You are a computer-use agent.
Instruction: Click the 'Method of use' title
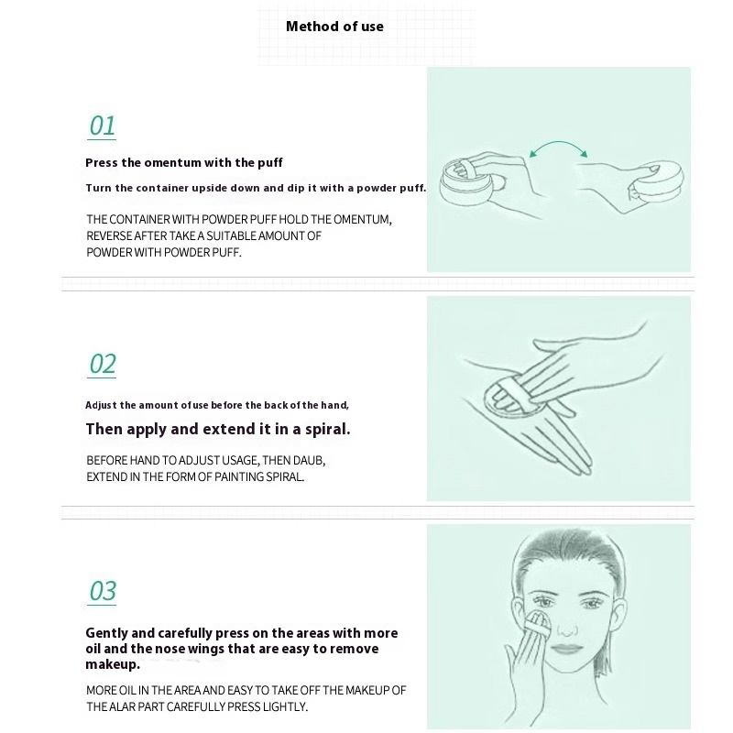click(x=334, y=27)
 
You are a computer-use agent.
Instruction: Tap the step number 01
click(x=103, y=126)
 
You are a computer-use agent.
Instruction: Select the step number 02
click(x=103, y=364)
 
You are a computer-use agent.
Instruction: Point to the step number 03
click(x=103, y=591)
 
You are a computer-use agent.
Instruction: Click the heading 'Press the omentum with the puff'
click(x=184, y=163)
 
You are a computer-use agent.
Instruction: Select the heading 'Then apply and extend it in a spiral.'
click(x=218, y=429)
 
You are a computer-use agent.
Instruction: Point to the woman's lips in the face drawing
click(x=566, y=650)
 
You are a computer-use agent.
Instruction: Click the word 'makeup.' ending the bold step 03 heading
click(x=113, y=664)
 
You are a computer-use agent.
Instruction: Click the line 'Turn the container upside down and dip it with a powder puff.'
click(x=256, y=188)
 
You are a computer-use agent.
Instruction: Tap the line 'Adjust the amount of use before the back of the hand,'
click(x=217, y=405)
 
